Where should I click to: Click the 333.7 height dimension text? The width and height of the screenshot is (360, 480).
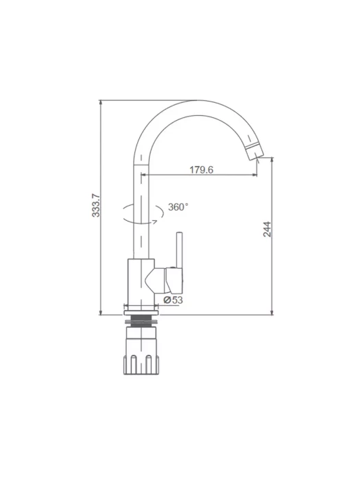pyautogui.click(x=96, y=205)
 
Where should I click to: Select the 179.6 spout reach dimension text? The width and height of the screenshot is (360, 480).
pyautogui.click(x=201, y=169)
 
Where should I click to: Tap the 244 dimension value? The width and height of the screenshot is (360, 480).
pyautogui.click(x=267, y=229)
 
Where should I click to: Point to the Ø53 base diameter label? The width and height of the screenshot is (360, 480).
pyautogui.click(x=173, y=300)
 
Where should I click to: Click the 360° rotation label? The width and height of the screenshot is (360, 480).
pyautogui.click(x=178, y=207)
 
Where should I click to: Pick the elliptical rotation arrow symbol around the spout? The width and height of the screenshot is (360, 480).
pyautogui.click(x=143, y=221)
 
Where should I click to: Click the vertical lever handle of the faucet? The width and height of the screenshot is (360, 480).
pyautogui.click(x=180, y=250)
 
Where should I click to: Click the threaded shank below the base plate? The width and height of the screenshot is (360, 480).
pyautogui.click(x=141, y=320)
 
